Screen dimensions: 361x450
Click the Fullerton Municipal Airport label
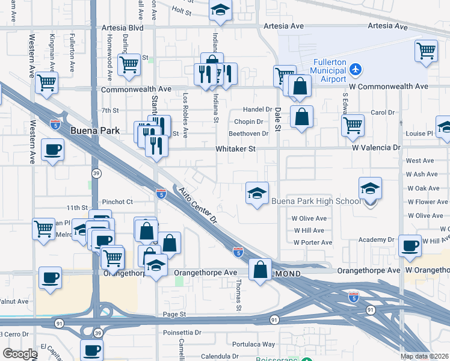[330, 71]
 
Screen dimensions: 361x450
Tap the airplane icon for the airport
[356, 70]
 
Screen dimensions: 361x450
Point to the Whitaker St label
[236, 148]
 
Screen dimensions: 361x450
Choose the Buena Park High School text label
[315, 201]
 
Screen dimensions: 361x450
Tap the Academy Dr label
[375, 239]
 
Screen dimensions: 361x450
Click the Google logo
[20, 354]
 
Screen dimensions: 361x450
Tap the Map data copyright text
[424, 356]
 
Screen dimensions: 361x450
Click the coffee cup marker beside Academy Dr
[410, 245]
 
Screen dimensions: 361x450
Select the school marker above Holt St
[220, 10]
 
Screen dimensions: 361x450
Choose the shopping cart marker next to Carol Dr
[353, 125]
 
